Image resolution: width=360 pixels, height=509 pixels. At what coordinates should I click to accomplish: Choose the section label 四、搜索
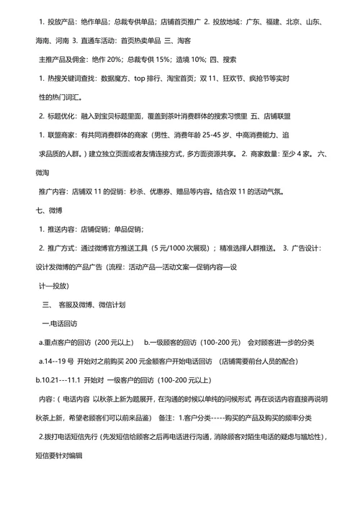tap(248, 58)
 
